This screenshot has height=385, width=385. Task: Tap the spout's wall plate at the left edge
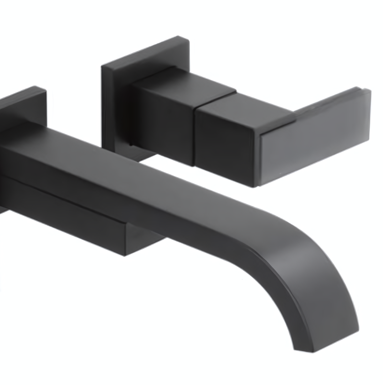[x=21, y=107]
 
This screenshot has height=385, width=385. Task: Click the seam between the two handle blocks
[x=195, y=135]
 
